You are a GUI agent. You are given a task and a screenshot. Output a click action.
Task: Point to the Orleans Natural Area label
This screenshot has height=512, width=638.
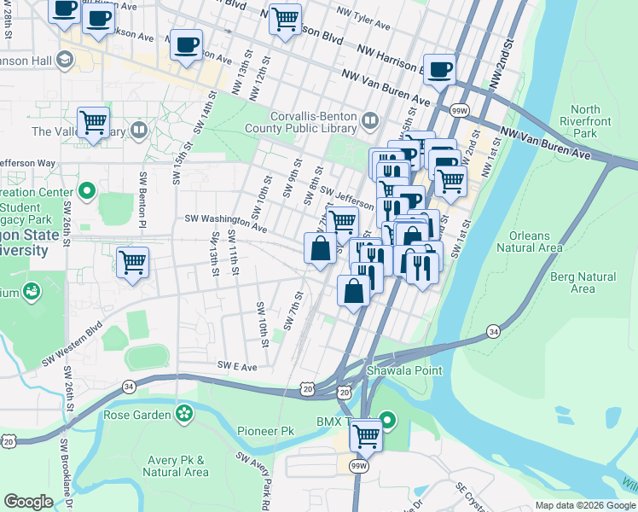coord(536,241)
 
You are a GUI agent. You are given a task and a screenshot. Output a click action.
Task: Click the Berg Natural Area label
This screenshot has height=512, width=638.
coord(583,282)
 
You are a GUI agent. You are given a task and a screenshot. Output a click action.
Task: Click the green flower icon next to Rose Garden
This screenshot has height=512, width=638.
coord(183,415)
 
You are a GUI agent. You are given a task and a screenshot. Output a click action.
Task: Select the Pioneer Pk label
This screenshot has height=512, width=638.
coord(265,432)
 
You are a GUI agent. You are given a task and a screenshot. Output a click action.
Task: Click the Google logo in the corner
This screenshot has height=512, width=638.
coord(28,502)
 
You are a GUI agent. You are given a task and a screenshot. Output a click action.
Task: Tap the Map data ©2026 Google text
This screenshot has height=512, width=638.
coord(584,505)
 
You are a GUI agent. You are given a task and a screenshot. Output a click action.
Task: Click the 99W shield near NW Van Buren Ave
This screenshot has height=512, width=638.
coord(459,111)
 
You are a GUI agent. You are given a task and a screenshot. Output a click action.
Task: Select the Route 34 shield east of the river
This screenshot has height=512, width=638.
coord(493,330)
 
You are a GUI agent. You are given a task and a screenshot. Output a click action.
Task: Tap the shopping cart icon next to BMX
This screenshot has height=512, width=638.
coord(366,435)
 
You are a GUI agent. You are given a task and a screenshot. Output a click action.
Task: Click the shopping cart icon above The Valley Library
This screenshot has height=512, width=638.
coord(93,123)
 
